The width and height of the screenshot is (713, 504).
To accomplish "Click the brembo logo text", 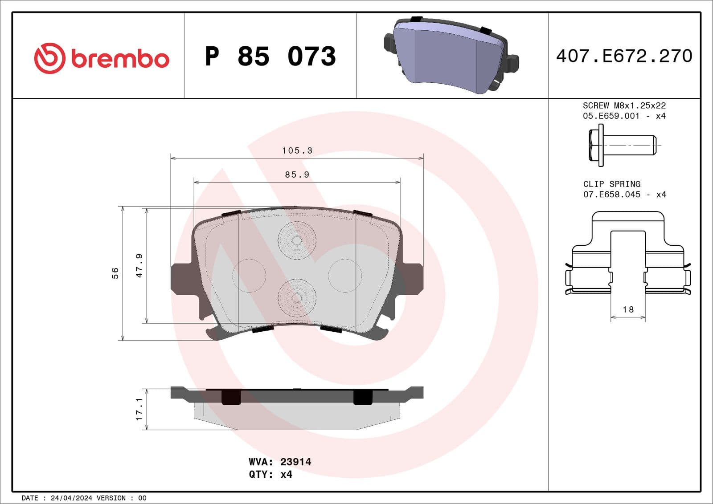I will coord(119,59).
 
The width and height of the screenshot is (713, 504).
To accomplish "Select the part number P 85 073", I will coord(270,56).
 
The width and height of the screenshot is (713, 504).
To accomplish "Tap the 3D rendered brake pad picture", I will coord(451,56).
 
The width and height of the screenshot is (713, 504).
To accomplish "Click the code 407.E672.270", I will coord(624,56).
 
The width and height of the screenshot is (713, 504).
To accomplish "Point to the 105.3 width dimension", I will coord(297,150).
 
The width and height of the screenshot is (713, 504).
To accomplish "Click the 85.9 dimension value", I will coord(297,175).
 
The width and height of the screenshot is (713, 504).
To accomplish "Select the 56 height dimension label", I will coord(115,273).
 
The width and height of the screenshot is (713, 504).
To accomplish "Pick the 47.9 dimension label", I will coord(139,266).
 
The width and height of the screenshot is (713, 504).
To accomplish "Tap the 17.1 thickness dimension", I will coord(139,409).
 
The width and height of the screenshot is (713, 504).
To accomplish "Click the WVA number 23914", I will coord(295,462).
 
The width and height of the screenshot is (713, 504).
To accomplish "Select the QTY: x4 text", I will coord(270,474).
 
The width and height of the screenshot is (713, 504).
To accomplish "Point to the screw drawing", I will coord(622,145).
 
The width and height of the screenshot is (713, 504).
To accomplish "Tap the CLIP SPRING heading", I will coord(611,184).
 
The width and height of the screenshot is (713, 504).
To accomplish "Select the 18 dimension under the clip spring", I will coord(627,309).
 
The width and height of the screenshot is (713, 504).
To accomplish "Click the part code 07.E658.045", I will coord(611,195).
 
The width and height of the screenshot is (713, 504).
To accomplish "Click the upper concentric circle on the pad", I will coord(297,240).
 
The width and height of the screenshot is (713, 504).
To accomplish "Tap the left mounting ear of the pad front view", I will coord(182,279).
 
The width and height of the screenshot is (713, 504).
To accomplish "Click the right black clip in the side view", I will coord(363,397).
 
